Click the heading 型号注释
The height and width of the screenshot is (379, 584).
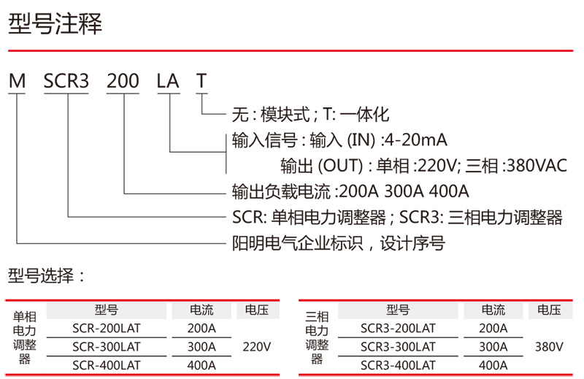point(55,24)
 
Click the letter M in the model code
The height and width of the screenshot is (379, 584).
point(17,81)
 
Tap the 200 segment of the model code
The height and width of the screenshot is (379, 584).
point(123,81)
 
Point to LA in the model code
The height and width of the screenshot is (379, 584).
point(168,81)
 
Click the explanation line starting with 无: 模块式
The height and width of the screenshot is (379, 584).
point(310,115)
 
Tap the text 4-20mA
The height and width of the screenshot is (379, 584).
point(415,139)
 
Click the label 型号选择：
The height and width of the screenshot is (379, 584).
point(47,276)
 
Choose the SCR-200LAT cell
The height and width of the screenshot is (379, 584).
point(107,329)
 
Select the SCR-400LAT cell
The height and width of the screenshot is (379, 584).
point(107,364)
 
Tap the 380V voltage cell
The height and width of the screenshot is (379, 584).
point(549,346)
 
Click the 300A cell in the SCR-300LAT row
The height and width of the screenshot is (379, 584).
point(201,346)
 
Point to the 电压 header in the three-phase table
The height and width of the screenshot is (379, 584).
point(549,310)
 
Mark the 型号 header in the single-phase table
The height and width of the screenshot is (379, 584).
point(107,310)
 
